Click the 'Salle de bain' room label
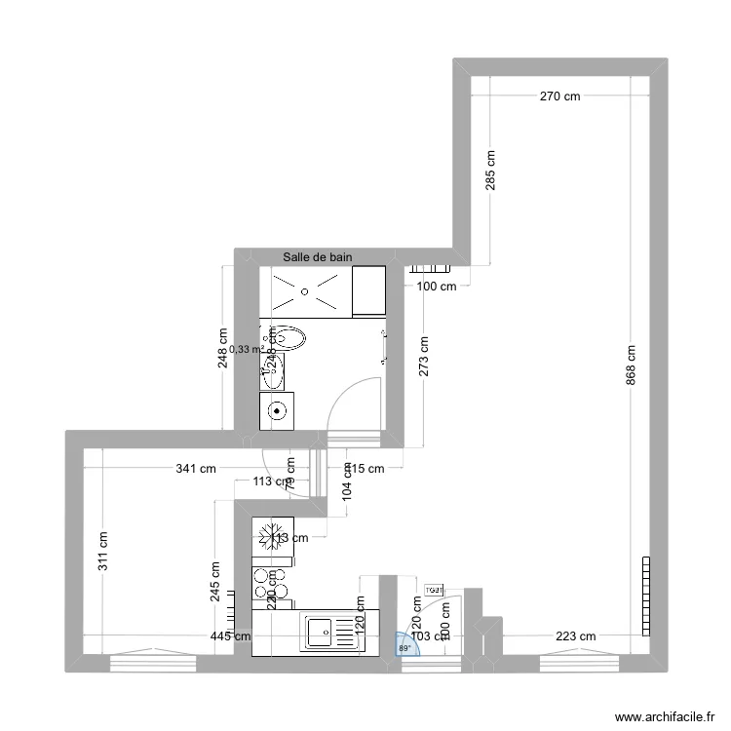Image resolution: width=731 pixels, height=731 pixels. [x=317, y=257]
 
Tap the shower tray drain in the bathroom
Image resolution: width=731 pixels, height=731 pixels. [x=306, y=290]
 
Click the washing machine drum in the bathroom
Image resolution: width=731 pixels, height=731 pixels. [x=279, y=410]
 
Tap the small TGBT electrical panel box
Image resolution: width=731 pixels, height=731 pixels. [x=435, y=590]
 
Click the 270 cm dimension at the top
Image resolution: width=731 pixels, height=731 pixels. [x=559, y=96]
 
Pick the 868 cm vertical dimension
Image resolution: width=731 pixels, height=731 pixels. [x=632, y=365]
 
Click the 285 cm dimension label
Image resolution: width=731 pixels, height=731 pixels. [x=490, y=170]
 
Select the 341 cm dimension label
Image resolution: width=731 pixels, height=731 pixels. [x=196, y=469]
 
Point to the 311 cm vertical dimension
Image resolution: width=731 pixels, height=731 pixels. [x=103, y=551]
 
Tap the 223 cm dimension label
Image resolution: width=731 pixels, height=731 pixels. [x=574, y=636]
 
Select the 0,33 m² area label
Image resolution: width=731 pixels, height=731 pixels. [x=247, y=348]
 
